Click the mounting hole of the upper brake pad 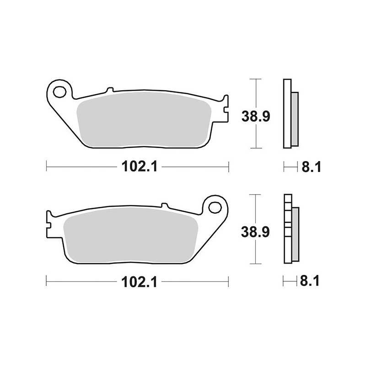(59, 92)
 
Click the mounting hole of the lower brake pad (215, 208)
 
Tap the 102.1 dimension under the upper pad (140, 167)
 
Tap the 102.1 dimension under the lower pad (139, 282)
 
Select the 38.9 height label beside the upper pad (256, 116)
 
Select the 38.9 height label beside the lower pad (255, 232)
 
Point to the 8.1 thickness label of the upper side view (312, 167)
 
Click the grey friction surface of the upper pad (144, 119)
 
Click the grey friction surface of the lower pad (131, 235)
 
